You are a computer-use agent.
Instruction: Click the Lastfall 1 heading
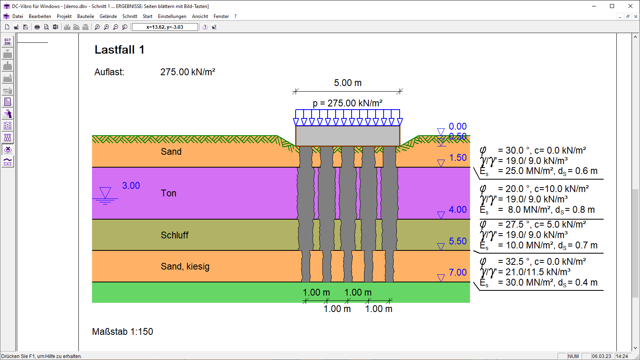(120, 50)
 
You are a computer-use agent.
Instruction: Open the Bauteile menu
(86, 16)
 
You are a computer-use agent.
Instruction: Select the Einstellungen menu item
(172, 16)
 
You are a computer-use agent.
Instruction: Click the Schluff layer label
(174, 235)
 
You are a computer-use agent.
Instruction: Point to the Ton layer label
(168, 193)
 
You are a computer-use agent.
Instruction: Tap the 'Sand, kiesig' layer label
(185, 266)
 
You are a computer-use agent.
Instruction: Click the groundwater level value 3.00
(131, 186)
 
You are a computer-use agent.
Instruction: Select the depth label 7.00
(458, 272)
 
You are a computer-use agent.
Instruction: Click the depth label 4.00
(458, 210)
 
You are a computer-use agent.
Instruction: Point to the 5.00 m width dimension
(348, 83)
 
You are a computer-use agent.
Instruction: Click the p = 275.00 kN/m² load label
(348, 103)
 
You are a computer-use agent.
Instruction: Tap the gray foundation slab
(348, 136)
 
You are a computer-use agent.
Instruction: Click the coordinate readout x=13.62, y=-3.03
(165, 27)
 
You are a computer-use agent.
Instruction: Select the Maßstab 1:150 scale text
(122, 332)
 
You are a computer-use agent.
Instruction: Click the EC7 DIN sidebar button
(8, 42)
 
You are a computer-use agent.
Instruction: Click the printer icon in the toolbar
(37, 27)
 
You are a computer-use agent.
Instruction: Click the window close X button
(630, 6)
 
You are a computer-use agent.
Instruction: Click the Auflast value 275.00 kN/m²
(188, 72)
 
